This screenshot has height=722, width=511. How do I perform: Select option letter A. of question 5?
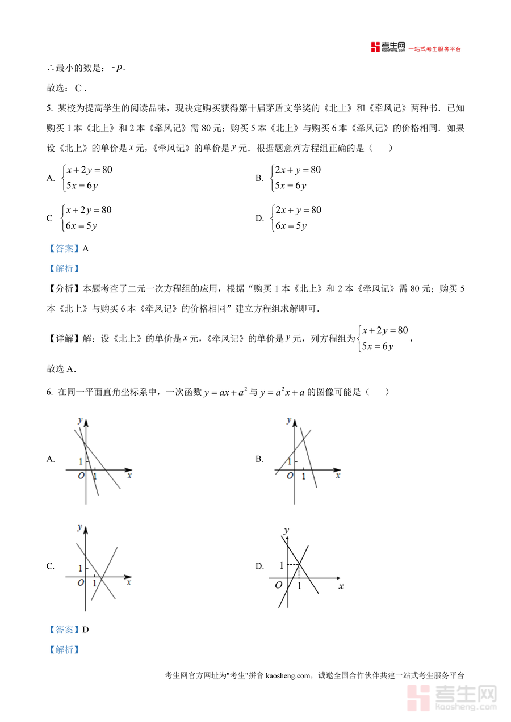click(51, 178)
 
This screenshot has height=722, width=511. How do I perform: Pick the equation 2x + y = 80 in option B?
click(298, 170)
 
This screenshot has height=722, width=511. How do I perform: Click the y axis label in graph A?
click(80, 420)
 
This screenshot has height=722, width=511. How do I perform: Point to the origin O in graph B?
click(290, 476)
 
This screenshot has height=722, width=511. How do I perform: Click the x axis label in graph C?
click(129, 582)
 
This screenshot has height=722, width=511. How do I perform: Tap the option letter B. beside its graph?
click(259, 459)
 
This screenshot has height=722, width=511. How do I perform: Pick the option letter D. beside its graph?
click(259, 566)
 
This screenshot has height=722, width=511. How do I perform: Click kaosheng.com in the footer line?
click(288, 675)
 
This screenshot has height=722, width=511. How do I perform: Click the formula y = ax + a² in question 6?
click(225, 392)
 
